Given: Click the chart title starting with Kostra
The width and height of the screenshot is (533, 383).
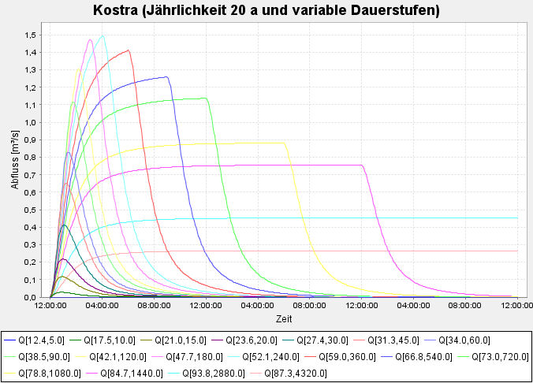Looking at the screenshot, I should (x=266, y=11).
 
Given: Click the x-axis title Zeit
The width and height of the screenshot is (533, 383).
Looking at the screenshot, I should (x=284, y=319).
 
